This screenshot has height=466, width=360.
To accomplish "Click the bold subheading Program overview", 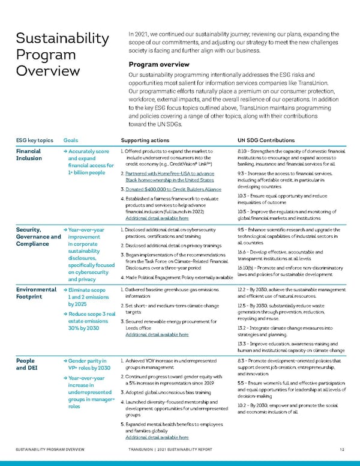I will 155,65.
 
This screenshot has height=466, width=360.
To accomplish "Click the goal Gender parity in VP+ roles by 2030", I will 89,364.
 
